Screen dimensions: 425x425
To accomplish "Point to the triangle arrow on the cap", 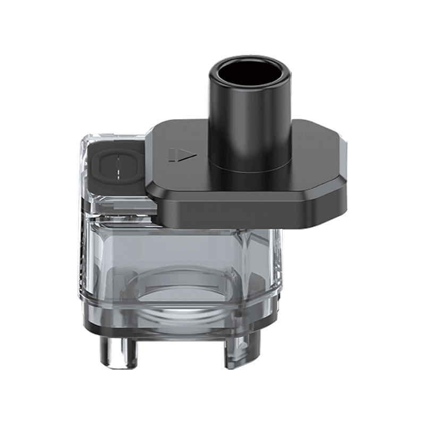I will [x=190, y=154].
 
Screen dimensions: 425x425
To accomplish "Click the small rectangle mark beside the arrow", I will [x=173, y=155].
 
